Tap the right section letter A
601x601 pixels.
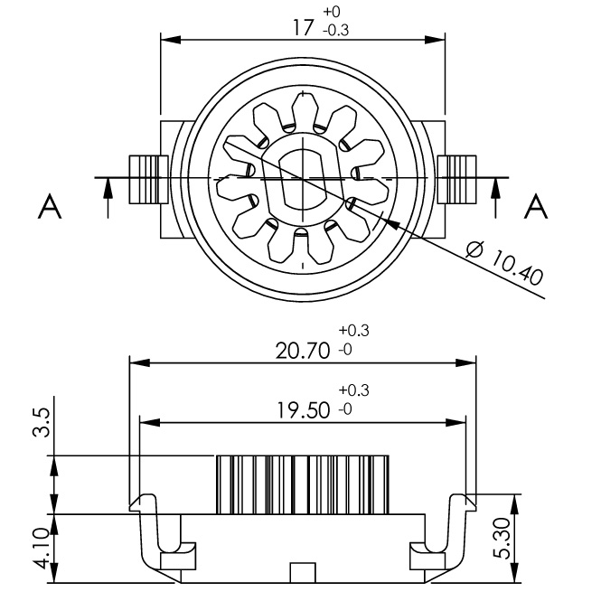point(537,207)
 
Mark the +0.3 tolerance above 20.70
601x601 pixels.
point(353,331)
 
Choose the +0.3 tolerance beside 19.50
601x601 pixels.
point(353,391)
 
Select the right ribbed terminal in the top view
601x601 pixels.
point(458,179)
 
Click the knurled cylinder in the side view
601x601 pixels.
point(303,484)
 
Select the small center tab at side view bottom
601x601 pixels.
point(303,573)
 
